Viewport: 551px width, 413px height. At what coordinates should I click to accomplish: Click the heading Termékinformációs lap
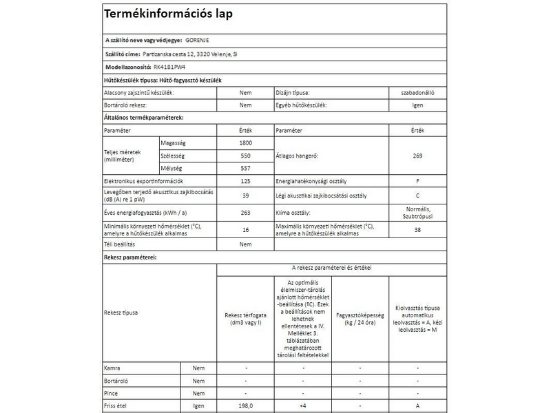click(167, 15)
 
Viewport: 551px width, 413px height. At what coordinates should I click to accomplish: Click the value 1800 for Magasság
click(245, 142)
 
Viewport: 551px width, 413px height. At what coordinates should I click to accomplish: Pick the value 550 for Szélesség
click(245, 156)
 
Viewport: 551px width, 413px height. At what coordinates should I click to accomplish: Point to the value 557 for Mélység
click(245, 169)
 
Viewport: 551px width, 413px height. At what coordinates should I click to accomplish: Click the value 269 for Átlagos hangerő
click(417, 156)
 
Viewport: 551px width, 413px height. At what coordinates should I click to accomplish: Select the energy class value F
click(417, 182)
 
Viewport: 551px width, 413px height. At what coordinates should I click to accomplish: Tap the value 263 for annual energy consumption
click(245, 213)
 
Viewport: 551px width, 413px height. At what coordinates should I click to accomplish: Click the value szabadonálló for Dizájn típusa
click(417, 92)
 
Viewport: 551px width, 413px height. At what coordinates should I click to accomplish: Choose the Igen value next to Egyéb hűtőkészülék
click(417, 105)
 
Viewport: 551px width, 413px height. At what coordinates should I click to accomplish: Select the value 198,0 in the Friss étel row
click(245, 406)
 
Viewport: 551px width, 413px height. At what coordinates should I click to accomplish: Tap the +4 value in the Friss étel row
click(302, 406)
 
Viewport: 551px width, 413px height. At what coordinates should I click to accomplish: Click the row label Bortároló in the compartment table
click(116, 381)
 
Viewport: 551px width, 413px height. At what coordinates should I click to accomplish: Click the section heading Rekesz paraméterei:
click(130, 257)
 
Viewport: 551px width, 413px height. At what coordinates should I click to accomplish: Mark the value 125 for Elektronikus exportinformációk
click(245, 182)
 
